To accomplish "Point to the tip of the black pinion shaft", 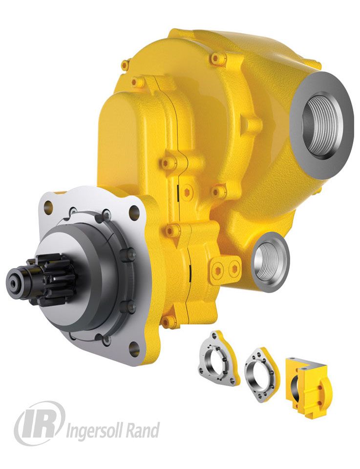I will click(14, 280).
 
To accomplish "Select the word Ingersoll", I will click(93, 430).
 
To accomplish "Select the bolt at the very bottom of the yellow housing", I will click(169, 321).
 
